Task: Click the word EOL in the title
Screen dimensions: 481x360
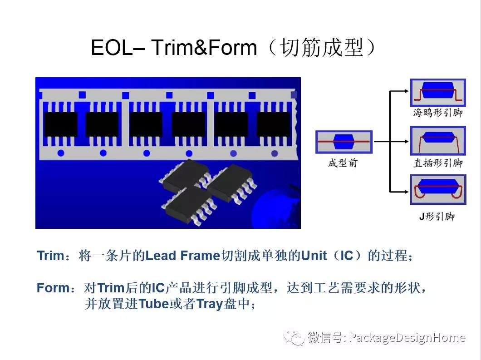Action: tap(112, 48)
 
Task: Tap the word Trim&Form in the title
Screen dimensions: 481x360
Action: tap(204, 48)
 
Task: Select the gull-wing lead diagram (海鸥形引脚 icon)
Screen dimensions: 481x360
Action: tap(438, 93)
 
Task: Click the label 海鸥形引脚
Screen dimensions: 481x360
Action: tap(438, 113)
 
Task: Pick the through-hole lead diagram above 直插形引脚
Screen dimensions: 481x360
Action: tap(438, 141)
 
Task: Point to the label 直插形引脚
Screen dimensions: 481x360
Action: tap(438, 163)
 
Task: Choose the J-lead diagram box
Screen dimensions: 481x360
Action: tap(438, 190)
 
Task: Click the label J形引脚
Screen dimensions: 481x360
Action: tap(437, 217)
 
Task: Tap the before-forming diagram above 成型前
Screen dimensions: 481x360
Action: tap(344, 142)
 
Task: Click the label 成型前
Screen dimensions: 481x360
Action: tap(343, 163)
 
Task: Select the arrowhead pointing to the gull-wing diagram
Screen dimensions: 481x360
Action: tap(406, 91)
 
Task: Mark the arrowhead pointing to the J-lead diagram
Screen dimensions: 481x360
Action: tap(406, 192)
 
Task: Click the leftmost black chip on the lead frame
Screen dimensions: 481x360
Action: tap(61, 124)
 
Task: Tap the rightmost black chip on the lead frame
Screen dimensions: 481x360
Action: tap(273, 124)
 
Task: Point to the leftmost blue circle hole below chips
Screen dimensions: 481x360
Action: tap(61, 153)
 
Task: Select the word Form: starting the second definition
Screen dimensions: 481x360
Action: tap(55, 288)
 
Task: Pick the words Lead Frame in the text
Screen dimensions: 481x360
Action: tap(182, 255)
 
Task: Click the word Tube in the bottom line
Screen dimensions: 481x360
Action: tap(154, 304)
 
